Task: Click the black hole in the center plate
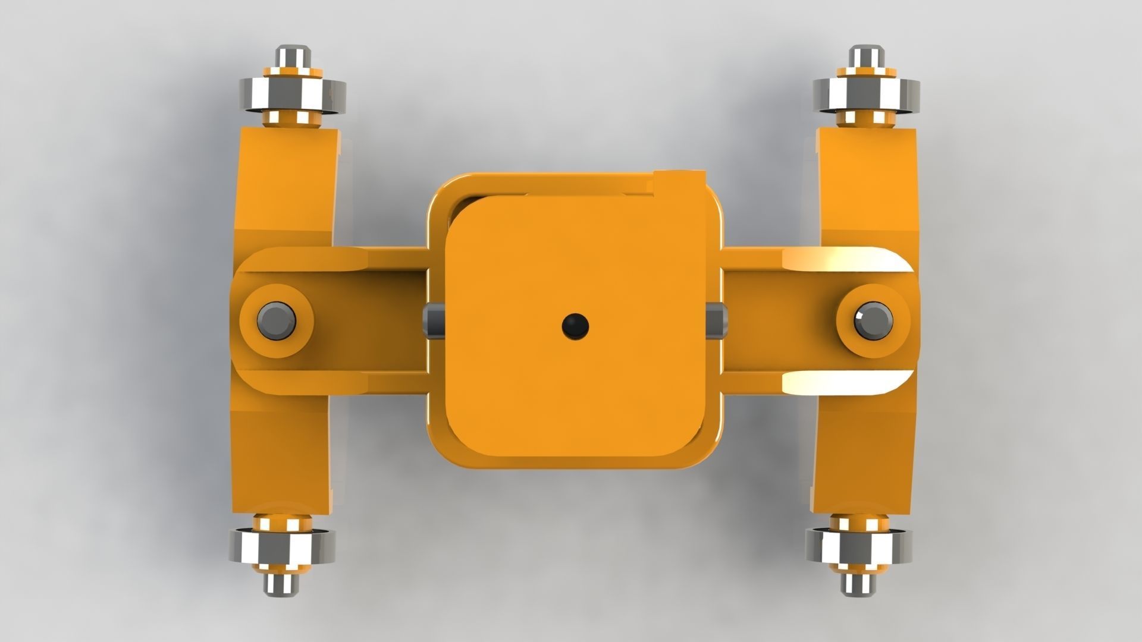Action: (575, 326)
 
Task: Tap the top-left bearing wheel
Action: (293, 93)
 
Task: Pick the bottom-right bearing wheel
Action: (858, 546)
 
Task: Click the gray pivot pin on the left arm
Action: (277, 320)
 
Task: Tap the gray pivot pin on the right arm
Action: (873, 320)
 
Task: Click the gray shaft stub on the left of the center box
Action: (433, 321)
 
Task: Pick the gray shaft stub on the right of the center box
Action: (716, 321)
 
